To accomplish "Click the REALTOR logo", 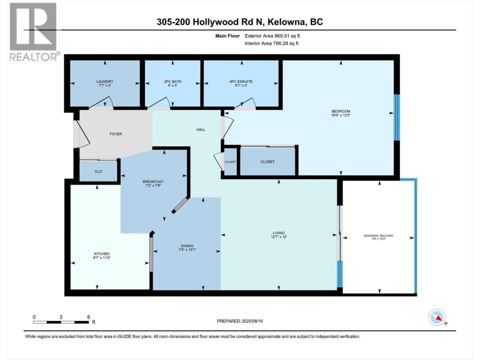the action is click(34, 32).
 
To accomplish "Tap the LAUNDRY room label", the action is click(105, 81).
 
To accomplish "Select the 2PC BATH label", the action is click(172, 81).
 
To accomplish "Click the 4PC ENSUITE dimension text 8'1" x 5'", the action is click(241, 85).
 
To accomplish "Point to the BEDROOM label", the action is click(341, 111).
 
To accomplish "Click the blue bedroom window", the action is click(397, 117).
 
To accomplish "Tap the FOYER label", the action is click(115, 134).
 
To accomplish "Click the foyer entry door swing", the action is click(82, 134).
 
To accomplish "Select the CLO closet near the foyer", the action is click(98, 171).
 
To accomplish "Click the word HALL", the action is click(201, 130).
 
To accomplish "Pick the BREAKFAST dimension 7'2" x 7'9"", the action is click(153, 185).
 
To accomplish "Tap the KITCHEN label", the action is click(102, 254).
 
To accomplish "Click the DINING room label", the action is click(187, 246).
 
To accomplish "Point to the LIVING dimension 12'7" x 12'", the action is click(279, 237).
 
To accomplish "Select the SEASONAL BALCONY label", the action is click(378, 235).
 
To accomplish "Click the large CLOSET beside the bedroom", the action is click(267, 162).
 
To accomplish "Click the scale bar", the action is click(61, 322).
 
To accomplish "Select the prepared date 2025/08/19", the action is click(252, 321).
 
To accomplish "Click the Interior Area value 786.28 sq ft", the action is click(286, 43).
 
